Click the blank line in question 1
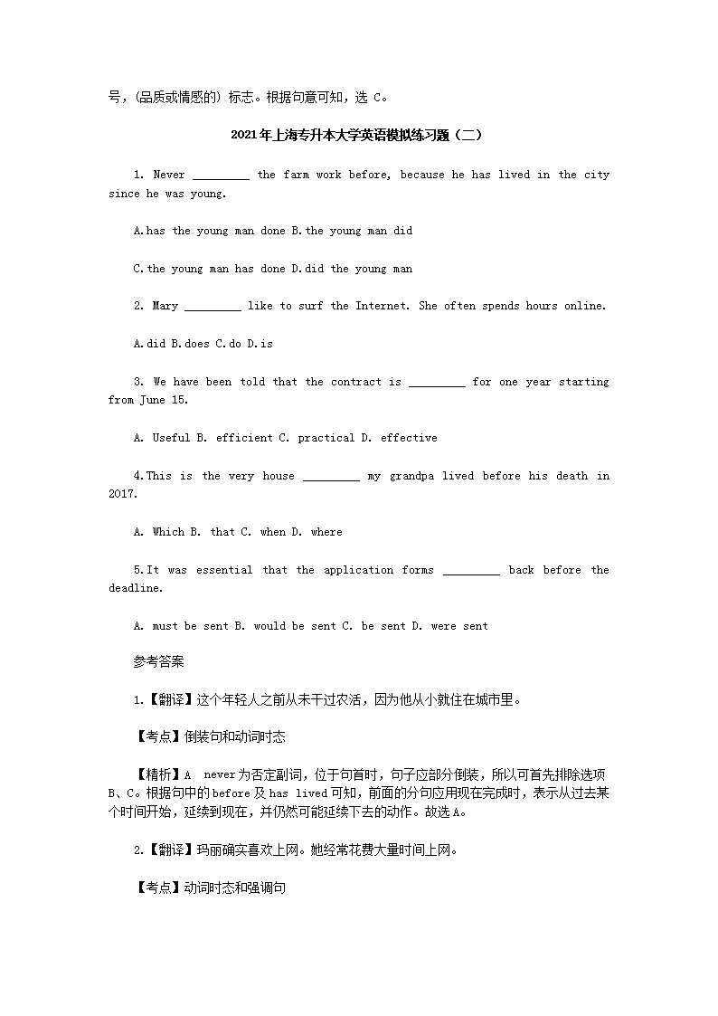click(221, 176)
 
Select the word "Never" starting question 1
click(169, 175)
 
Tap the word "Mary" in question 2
click(165, 306)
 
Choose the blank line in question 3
click(437, 383)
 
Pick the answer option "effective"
click(409, 438)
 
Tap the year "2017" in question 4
click(122, 494)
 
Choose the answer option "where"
click(326, 532)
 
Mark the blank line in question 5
click(471, 571)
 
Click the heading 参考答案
click(158, 662)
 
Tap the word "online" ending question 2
click(584, 306)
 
